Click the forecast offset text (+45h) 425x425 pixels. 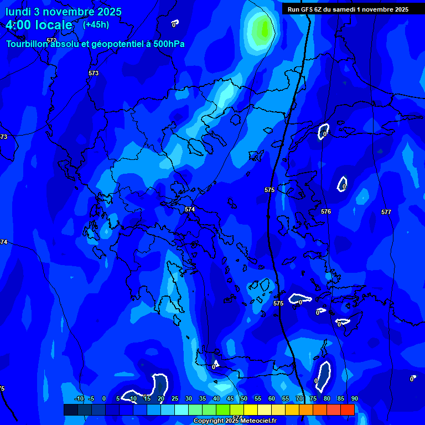[x=96, y=24]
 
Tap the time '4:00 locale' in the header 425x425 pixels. [x=39, y=25]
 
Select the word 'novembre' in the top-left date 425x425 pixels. [x=65, y=12]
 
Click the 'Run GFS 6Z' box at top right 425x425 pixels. [x=348, y=9]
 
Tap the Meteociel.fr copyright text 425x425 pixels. [x=235, y=421]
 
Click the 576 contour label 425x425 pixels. [x=326, y=211]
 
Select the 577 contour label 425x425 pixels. [x=386, y=212]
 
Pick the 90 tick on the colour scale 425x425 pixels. [x=354, y=398]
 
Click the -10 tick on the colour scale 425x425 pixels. [x=79, y=398]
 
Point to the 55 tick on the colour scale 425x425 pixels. [x=258, y=398]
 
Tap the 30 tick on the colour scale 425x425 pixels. [x=189, y=398]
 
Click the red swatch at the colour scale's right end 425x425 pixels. [x=348, y=410]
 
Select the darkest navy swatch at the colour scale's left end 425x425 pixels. [x=70, y=410]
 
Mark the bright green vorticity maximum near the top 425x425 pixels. [x=261, y=28]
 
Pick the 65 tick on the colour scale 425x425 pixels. [x=286, y=398]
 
